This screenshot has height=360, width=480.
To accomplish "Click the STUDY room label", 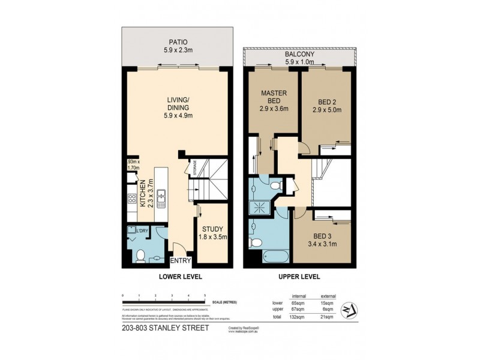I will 212,228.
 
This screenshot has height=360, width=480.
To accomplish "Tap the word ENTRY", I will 180,260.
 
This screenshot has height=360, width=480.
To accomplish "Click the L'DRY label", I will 143,230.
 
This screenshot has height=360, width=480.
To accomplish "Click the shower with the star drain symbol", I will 262,205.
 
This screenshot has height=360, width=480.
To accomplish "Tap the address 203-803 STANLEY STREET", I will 164,328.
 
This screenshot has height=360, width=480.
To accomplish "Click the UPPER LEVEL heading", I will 299,277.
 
